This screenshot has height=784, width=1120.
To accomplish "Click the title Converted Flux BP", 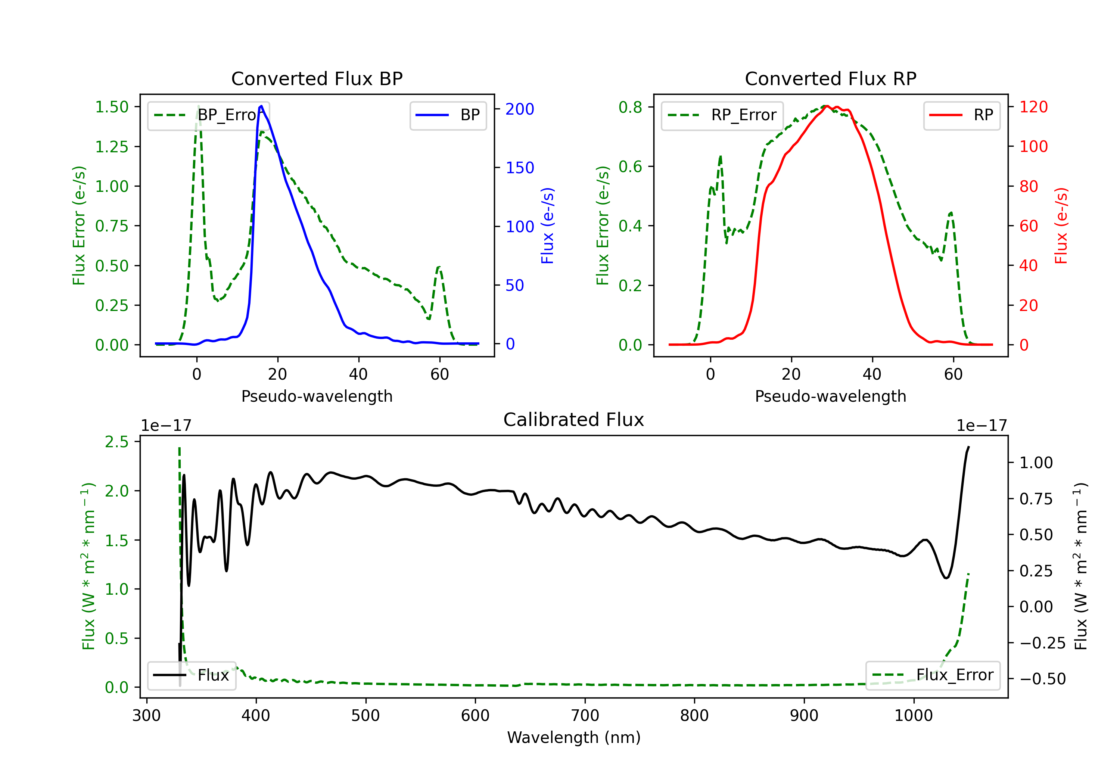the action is click(x=317, y=78).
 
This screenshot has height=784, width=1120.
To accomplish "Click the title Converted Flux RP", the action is click(x=831, y=78).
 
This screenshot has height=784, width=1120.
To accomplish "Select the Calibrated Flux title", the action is click(x=574, y=420).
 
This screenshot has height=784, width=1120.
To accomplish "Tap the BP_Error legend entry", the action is click(x=208, y=115).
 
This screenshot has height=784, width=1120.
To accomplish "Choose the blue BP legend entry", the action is click(x=448, y=115).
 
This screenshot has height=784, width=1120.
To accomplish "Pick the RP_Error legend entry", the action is click(x=722, y=115).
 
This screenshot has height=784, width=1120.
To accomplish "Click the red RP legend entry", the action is click(x=961, y=115).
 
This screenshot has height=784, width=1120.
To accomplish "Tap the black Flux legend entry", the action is click(x=191, y=675).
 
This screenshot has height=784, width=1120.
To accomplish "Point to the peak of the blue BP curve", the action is click(x=261, y=106).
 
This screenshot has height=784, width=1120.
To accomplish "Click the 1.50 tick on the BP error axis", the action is click(x=112, y=107).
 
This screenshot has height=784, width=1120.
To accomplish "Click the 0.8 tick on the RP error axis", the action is click(x=630, y=107).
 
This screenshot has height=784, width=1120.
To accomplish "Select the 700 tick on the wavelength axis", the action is click(x=585, y=715).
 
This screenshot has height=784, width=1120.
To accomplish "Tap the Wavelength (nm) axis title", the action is click(x=574, y=737).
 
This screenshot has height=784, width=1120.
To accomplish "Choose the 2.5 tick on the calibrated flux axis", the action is click(x=116, y=442).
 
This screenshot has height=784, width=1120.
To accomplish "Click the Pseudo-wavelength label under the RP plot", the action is click(x=831, y=396).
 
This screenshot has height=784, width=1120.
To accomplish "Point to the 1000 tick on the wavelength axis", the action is click(x=914, y=715).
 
